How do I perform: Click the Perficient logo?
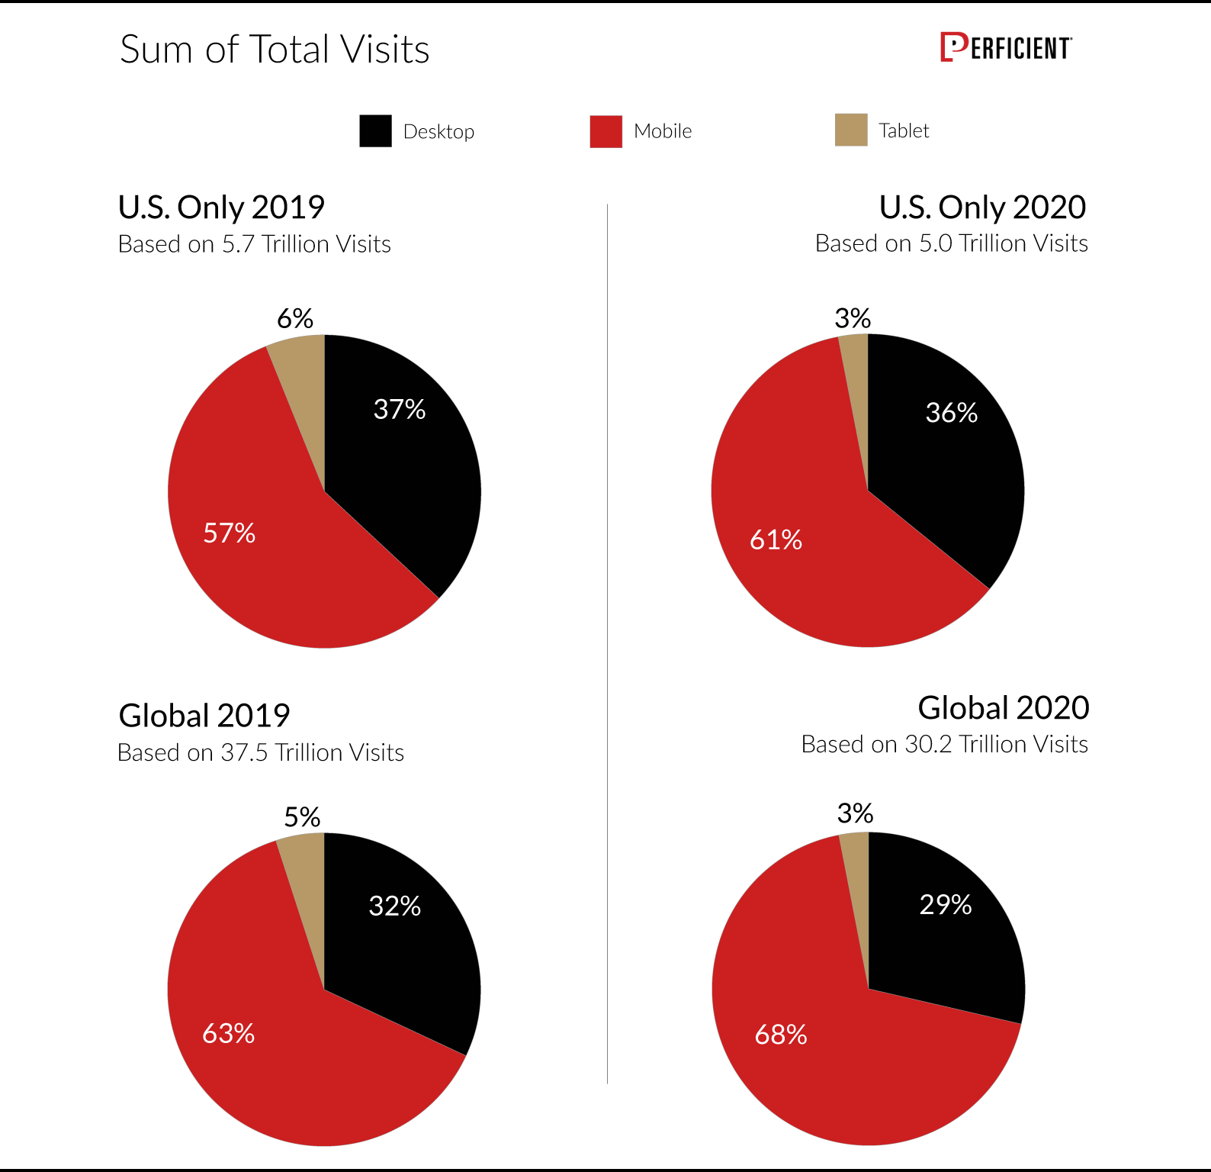pyautogui.click(x=1005, y=47)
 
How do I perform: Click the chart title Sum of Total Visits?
pyautogui.click(x=275, y=50)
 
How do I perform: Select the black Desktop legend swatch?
pyautogui.click(x=375, y=131)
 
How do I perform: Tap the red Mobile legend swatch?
pyautogui.click(x=605, y=131)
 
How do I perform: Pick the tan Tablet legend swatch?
pyautogui.click(x=851, y=130)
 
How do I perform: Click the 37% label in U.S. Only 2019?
pyautogui.click(x=400, y=410)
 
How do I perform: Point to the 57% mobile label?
pyautogui.click(x=229, y=533)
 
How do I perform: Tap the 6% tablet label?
pyautogui.click(x=295, y=318)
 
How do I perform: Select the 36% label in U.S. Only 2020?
pyautogui.click(x=952, y=413)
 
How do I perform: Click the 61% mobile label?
pyautogui.click(x=776, y=540)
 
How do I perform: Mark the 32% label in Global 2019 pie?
pyautogui.click(x=394, y=906)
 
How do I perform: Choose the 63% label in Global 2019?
pyautogui.click(x=228, y=1033)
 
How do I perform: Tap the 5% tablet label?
pyautogui.click(x=302, y=817)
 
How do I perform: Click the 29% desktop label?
pyautogui.click(x=946, y=904)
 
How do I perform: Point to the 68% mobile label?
pyautogui.click(x=781, y=1035)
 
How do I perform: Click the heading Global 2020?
pyautogui.click(x=1003, y=708)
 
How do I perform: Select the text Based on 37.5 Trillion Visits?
pyautogui.click(x=261, y=752)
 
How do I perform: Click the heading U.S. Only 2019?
pyautogui.click(x=221, y=208)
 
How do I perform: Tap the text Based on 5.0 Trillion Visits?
pyautogui.click(x=951, y=243)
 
